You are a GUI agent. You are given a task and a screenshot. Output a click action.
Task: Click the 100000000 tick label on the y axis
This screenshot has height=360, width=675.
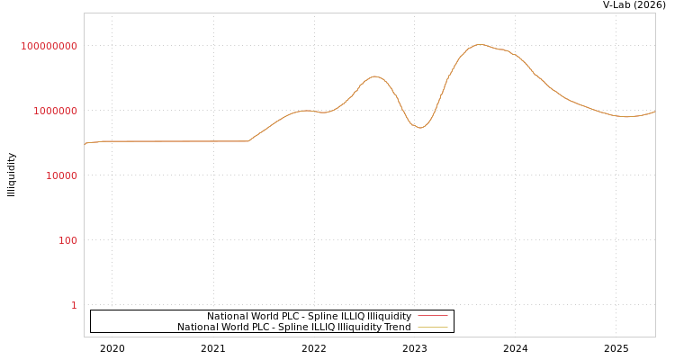point(49,46)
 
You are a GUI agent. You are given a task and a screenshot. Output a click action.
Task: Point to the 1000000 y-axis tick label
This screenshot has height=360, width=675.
point(56,111)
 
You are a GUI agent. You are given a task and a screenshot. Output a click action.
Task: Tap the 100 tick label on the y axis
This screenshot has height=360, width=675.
point(68,240)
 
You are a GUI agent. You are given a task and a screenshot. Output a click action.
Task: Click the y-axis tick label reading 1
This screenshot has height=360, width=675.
point(74,305)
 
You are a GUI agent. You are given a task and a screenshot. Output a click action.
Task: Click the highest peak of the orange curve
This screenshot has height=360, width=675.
point(480,44)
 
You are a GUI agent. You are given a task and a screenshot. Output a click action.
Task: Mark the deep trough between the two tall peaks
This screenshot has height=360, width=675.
point(419,128)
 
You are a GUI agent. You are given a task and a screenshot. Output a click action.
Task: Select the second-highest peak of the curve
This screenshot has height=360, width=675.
point(375,76)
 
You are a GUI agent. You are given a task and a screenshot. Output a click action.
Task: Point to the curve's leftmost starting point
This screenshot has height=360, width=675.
point(85,144)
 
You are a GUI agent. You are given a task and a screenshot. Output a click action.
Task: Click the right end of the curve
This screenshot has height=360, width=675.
point(654,112)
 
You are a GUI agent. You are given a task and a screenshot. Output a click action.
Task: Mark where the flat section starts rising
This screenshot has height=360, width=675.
point(248,140)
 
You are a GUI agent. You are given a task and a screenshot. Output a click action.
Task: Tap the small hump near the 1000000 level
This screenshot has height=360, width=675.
point(306,110)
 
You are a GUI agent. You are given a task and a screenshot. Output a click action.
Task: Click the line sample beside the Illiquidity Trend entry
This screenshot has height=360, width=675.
point(432,328)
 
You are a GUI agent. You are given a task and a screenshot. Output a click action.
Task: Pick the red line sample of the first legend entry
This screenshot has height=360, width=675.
point(432,316)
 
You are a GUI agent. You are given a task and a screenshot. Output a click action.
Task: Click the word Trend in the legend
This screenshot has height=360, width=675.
point(397,328)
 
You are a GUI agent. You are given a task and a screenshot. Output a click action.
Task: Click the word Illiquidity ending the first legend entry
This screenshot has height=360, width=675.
point(390,317)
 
